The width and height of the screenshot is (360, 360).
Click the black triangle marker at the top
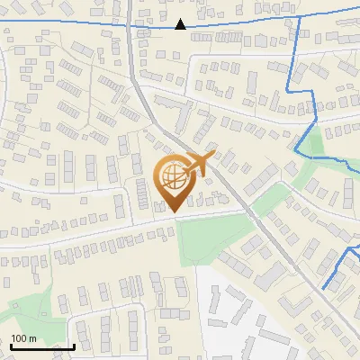coord(181,24)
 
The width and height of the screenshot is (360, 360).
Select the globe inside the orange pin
coord(174,178)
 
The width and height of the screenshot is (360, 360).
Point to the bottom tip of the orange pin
coord(173,212)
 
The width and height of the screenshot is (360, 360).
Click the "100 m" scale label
coord(23,338)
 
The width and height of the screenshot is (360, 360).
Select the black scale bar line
coord(42,346)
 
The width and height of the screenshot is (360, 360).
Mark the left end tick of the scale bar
coord(11,345)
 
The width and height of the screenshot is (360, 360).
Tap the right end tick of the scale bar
coord(74,345)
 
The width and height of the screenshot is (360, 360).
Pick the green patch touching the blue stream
coord(311,144)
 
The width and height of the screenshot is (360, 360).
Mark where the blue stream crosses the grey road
coord(131,26)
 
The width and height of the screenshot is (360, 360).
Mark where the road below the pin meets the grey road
coord(244,211)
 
